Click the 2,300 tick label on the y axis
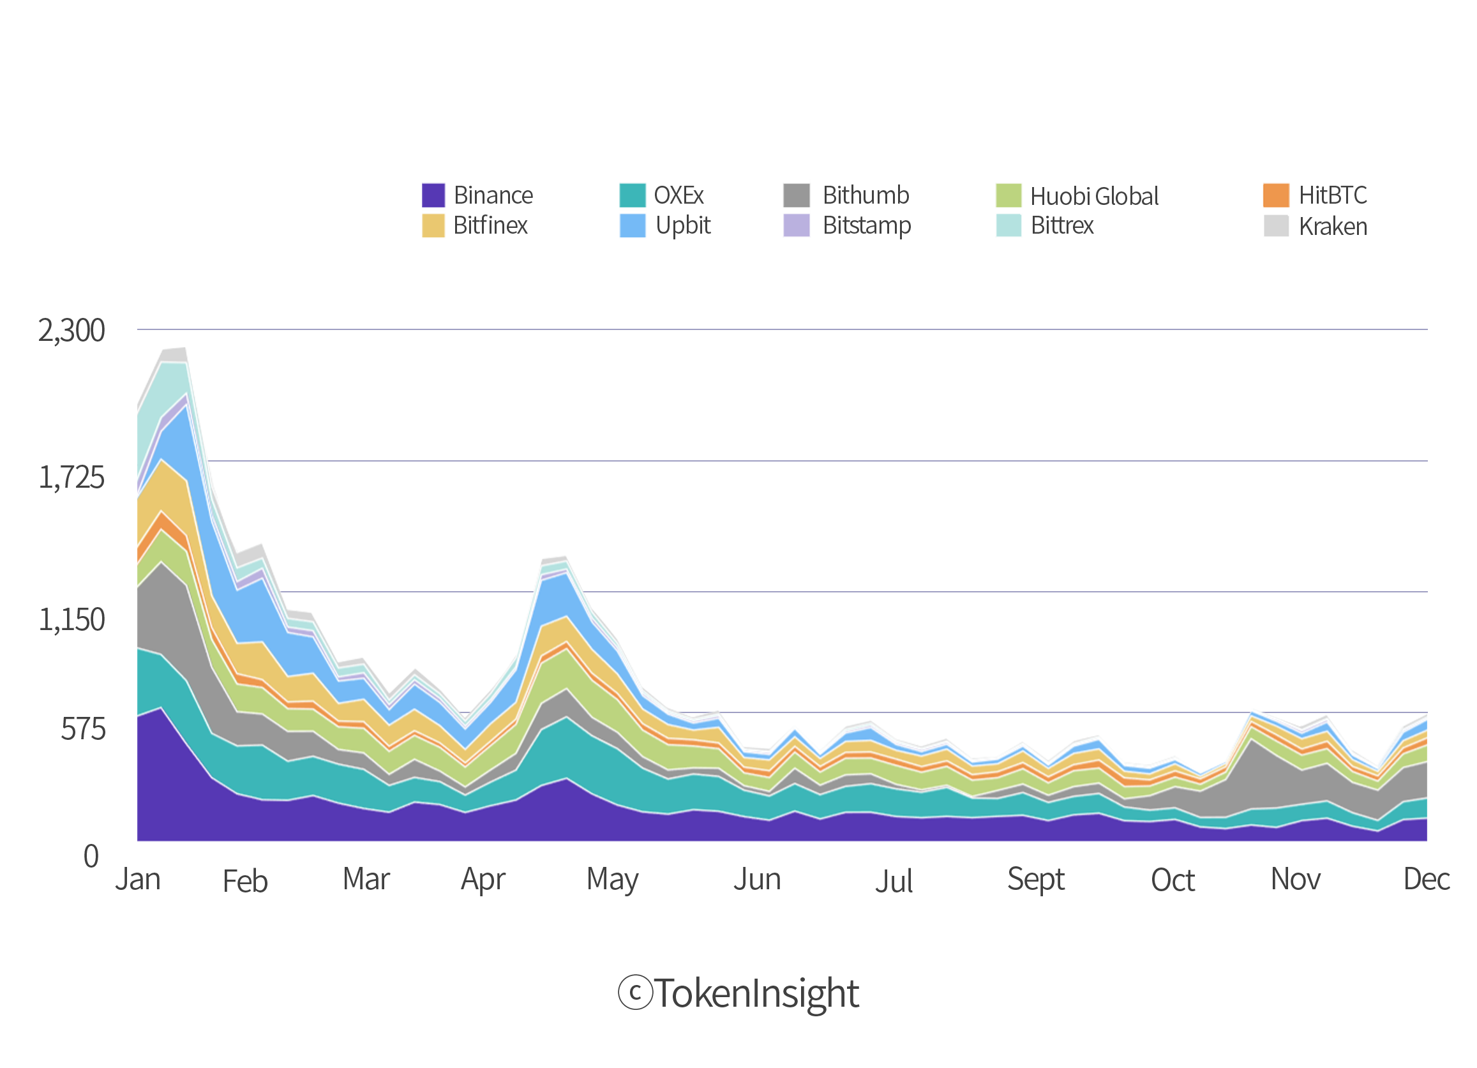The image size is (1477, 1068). coord(71,331)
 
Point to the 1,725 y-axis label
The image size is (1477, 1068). coord(71,478)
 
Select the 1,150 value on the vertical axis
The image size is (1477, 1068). coord(71,620)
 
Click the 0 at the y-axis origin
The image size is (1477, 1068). coord(91,856)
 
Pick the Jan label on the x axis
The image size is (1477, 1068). coord(137,879)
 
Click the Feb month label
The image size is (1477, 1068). coord(246,881)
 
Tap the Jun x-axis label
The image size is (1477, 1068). coord(757,879)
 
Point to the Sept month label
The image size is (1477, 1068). coord(1035,880)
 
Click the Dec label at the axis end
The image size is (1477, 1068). coord(1427,879)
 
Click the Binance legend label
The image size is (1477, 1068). coord(493,195)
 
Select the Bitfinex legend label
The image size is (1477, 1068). coord(490,225)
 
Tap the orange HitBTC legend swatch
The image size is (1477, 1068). coord(1276,195)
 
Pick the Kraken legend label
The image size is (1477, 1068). coord(1332,226)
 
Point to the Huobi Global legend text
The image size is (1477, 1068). coord(1093,195)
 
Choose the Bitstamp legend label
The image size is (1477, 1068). coord(866,226)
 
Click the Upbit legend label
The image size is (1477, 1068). coord(682,225)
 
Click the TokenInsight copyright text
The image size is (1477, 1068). coord(739,995)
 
